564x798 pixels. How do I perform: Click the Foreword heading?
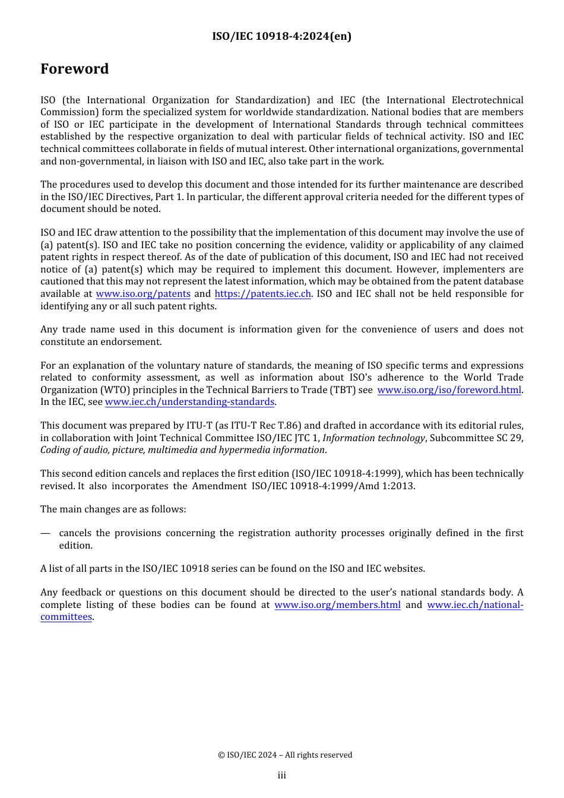pyautogui.click(x=74, y=69)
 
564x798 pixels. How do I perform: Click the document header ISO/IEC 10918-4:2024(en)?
pyautogui.click(x=281, y=36)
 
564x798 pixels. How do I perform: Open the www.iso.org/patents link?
pyautogui.click(x=143, y=294)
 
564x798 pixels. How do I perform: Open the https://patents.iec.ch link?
pyautogui.click(x=262, y=294)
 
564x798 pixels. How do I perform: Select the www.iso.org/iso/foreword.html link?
pyautogui.click(x=449, y=390)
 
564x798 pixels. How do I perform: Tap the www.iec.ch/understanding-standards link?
pyautogui.click(x=189, y=402)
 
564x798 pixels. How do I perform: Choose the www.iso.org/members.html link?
pyautogui.click(x=337, y=605)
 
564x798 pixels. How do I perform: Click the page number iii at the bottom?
pyautogui.click(x=281, y=775)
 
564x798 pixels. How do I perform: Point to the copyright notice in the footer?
pyautogui.click(x=284, y=755)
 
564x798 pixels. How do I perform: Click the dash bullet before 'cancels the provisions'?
pyautogui.click(x=45, y=533)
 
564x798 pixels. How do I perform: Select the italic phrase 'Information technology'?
pyautogui.click(x=373, y=438)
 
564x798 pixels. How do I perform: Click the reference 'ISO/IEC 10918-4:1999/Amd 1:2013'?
pyautogui.click(x=332, y=486)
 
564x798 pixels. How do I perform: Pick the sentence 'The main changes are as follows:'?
pyautogui.click(x=113, y=509)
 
